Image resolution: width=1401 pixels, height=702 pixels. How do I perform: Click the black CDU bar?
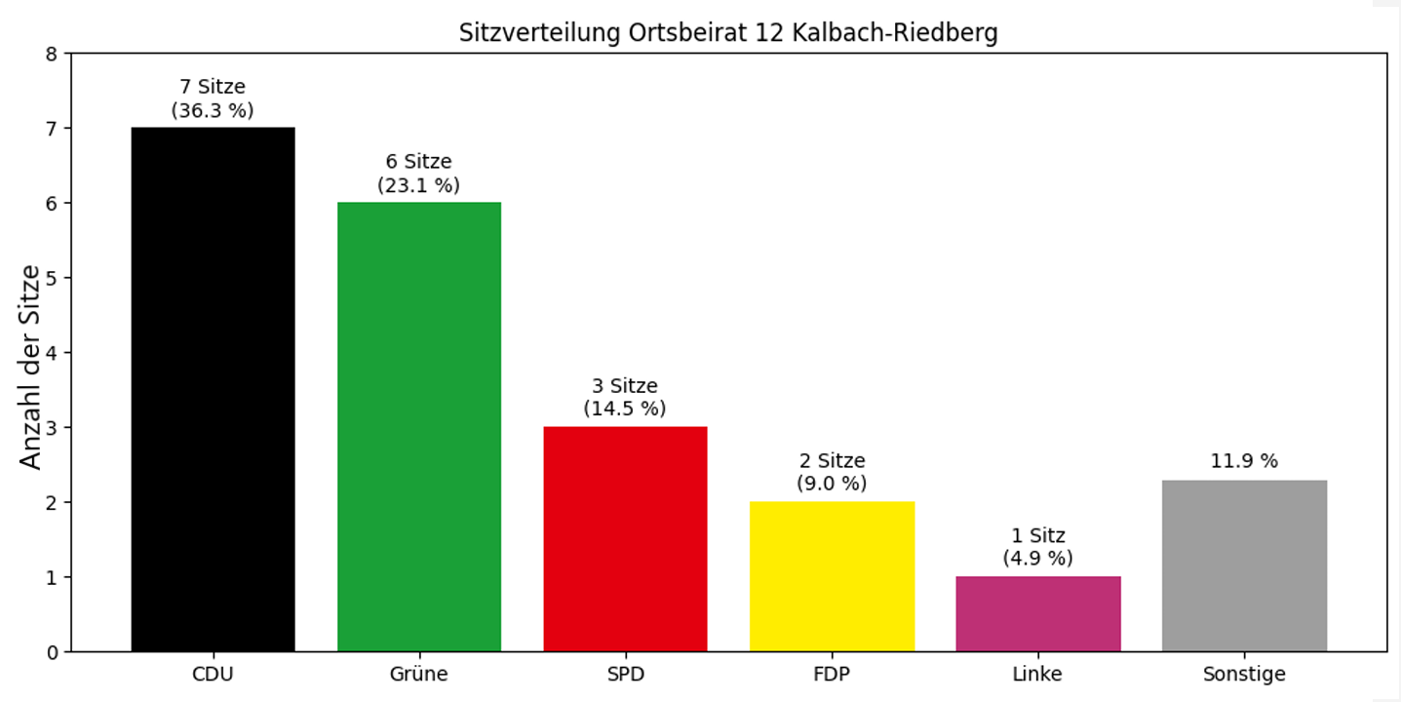213,390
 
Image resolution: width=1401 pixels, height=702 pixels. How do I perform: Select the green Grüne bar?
419,427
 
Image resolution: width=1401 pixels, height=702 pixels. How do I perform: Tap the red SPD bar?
625,539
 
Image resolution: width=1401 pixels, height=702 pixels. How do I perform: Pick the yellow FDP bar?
832,576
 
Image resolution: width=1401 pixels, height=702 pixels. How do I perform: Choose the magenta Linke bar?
1037,614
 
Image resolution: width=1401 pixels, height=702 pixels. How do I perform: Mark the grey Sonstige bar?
1244,565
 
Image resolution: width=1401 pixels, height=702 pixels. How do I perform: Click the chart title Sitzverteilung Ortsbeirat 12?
728,33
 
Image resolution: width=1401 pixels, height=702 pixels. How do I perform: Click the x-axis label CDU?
213,674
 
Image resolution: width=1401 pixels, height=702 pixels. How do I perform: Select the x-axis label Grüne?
419,674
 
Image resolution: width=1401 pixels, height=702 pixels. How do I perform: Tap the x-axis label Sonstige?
1244,674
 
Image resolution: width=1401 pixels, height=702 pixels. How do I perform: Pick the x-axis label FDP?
832,674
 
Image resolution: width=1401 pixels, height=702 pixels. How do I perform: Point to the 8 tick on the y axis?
52,54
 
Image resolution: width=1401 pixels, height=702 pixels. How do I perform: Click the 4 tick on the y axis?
52,353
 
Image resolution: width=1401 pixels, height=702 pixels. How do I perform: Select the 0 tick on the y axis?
52,651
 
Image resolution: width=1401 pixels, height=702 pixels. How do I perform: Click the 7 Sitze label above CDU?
213,88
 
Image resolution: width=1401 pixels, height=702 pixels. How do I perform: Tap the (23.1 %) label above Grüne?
418,185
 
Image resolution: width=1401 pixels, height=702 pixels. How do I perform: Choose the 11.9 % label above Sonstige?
1244,461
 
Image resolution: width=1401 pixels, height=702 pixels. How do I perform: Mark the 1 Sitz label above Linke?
1037,535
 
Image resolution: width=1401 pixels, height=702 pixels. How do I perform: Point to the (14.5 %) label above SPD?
625,409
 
